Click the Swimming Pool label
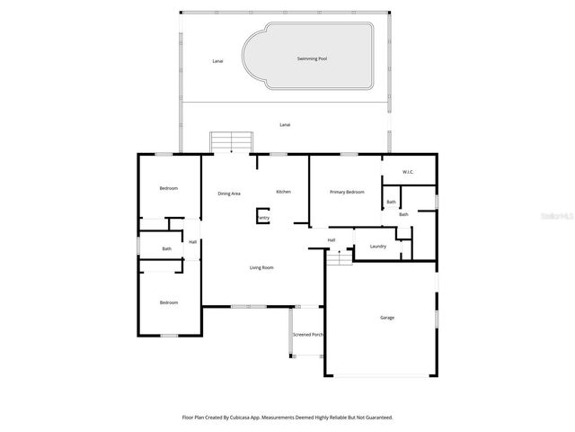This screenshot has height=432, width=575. point(312,58)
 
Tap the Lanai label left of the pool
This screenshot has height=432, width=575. point(217,61)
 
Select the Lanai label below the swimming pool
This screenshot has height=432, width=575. point(285,124)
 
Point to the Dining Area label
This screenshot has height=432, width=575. point(229,193)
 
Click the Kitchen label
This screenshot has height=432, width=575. point(283,192)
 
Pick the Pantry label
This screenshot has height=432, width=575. point(263,217)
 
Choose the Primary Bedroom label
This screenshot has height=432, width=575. point(347,192)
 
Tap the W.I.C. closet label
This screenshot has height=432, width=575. point(407,172)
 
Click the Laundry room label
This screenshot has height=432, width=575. point(377,246)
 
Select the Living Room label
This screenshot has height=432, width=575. point(261,267)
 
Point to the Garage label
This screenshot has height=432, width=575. point(387,318)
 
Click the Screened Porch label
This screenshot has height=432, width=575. point(308,335)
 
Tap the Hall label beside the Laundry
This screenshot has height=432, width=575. point(332,239)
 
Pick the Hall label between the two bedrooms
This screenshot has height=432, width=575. point(192,241)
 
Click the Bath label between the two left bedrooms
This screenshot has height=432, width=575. point(167,248)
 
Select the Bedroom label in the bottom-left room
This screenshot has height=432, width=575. point(169,302)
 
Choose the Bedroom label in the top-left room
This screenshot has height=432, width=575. point(169,188)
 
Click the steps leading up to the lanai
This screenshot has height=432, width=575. point(232,142)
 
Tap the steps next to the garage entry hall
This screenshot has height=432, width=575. point(339,257)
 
